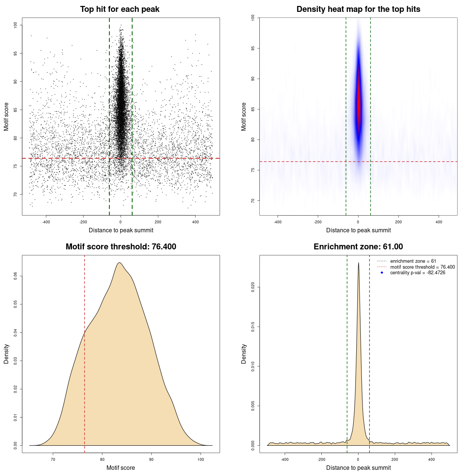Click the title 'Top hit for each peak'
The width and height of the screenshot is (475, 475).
[x=120, y=9]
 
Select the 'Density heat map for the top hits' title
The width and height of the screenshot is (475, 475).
[x=358, y=9]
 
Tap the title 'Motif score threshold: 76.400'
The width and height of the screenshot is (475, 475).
[x=121, y=247]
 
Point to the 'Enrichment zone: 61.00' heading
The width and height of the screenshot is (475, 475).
[x=358, y=247]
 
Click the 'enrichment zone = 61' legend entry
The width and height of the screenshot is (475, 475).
[x=413, y=261]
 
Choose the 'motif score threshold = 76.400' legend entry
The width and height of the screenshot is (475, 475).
[x=422, y=267]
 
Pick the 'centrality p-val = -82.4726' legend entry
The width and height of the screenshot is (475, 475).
[x=417, y=273]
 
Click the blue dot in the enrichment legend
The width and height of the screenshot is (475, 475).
[x=382, y=273]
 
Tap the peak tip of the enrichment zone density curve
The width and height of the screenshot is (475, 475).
[x=358, y=263]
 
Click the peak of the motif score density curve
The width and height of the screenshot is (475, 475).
[x=119, y=263]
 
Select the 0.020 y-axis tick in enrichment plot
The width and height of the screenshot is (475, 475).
[x=253, y=287]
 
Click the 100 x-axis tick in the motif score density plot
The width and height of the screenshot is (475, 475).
[x=200, y=459]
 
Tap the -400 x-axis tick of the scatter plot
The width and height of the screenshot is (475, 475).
[x=46, y=222]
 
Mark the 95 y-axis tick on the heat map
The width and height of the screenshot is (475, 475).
[x=253, y=48]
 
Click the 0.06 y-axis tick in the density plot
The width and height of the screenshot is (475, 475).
[x=16, y=276]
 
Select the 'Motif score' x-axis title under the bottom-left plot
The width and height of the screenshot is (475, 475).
[x=121, y=468]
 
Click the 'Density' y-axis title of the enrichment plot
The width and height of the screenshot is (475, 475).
[x=244, y=354]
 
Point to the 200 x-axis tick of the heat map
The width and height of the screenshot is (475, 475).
[x=398, y=222]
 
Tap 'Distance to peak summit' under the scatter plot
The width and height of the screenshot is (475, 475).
[x=121, y=230]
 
